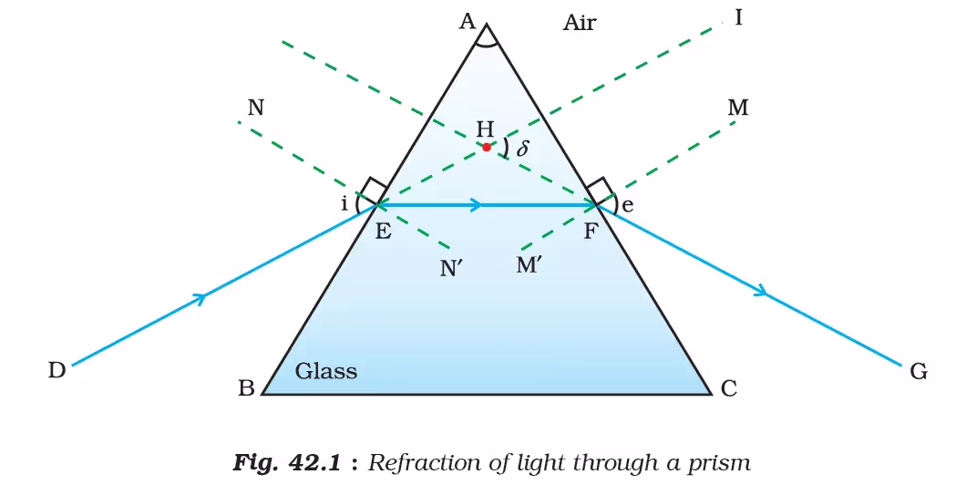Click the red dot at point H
point(487,148)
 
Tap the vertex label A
point(468,22)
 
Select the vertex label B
point(246,389)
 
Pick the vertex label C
point(728,389)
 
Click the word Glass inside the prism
point(326,371)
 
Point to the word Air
point(579,24)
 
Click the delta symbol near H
point(522,148)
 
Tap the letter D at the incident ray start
point(57,370)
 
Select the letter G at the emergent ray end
point(918,372)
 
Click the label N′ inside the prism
point(452,269)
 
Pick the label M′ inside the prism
point(529,265)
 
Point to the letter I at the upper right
point(739,18)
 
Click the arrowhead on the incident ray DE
point(199,298)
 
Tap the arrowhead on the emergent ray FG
point(762,290)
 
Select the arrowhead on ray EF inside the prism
point(476,205)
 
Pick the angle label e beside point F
point(627,205)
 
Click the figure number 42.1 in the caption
point(314,462)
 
